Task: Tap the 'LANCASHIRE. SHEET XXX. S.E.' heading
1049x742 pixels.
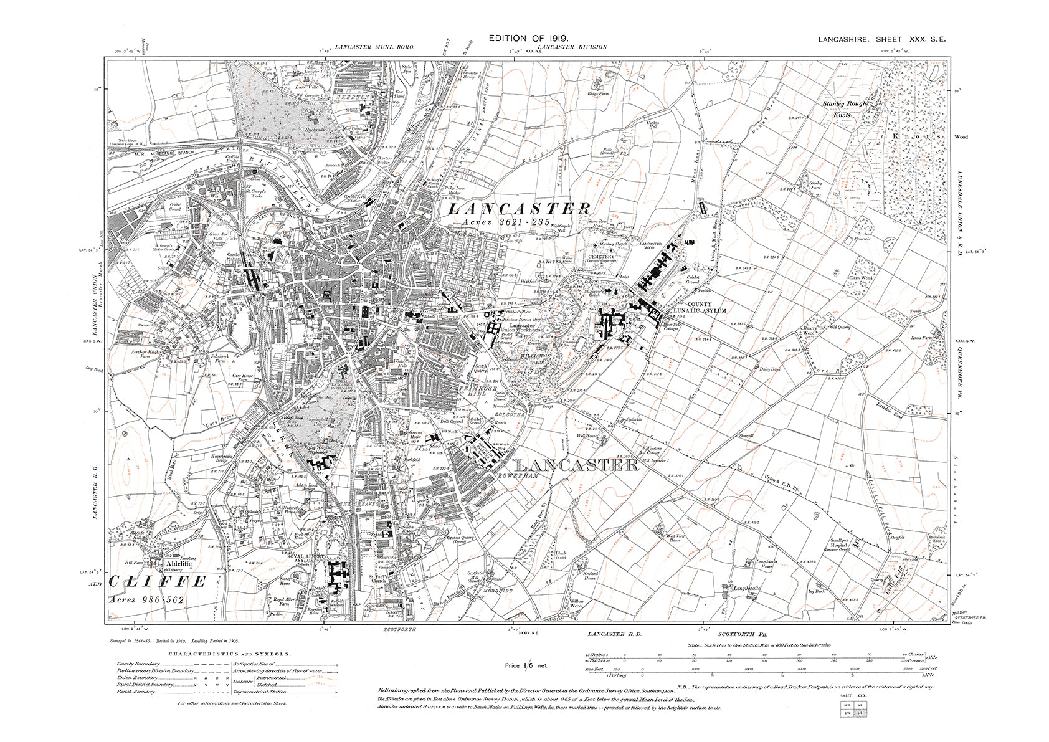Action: (881, 39)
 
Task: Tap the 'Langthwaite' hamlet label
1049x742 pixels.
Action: (748, 587)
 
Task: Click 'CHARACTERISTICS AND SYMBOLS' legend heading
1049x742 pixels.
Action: (229, 654)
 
